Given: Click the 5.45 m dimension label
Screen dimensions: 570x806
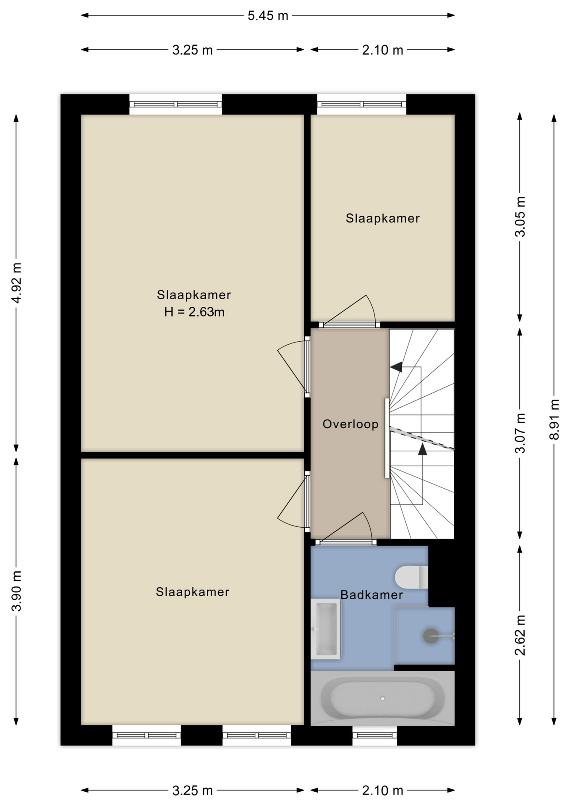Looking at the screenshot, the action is click(268, 16).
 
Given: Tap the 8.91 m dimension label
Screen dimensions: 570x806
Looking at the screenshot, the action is click(554, 419).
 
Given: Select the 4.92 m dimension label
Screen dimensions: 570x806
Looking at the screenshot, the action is click(16, 283).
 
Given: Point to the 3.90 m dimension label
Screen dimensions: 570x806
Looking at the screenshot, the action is click(16, 591).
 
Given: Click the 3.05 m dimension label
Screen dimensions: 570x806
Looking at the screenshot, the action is click(520, 217).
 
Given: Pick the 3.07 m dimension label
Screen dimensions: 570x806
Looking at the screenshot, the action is click(520, 433).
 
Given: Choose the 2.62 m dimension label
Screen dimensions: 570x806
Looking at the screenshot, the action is click(520, 635).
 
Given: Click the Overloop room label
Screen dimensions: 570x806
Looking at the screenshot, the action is click(350, 424).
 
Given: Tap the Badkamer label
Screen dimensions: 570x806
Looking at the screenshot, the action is click(371, 595).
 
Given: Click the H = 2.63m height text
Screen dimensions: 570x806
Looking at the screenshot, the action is click(194, 312).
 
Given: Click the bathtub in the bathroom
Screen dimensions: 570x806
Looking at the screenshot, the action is click(382, 699).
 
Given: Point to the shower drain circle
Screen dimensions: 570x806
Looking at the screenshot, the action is click(431, 636).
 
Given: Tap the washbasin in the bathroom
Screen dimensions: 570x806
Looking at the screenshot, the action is click(326, 629).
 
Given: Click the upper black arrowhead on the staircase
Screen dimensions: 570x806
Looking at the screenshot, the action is click(396, 367).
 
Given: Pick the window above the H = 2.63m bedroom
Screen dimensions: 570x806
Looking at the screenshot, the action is click(175, 105).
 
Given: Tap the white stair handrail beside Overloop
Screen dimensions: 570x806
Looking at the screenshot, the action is click(387, 438).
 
